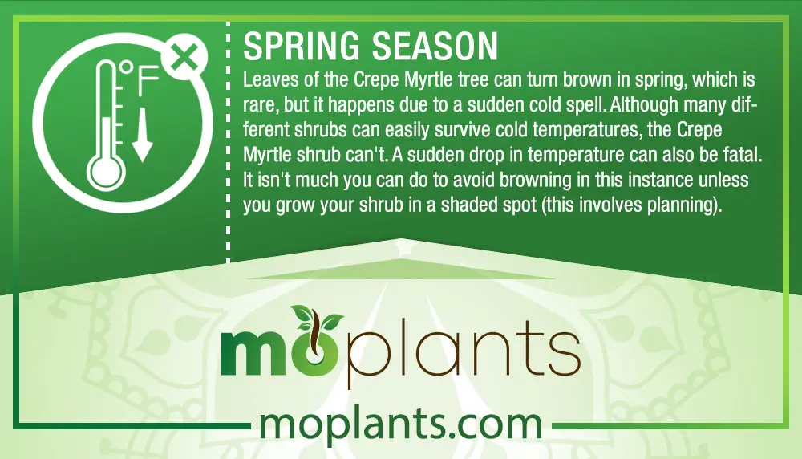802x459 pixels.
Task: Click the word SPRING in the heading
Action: [x=302, y=46]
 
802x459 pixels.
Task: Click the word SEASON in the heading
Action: [x=434, y=46]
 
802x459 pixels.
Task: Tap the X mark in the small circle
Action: [x=184, y=57]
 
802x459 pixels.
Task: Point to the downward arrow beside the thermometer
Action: [x=142, y=134]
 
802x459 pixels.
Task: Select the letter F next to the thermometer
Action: [x=148, y=81]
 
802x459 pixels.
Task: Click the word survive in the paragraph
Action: [x=457, y=130]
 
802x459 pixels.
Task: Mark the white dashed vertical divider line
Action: [x=228, y=142]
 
